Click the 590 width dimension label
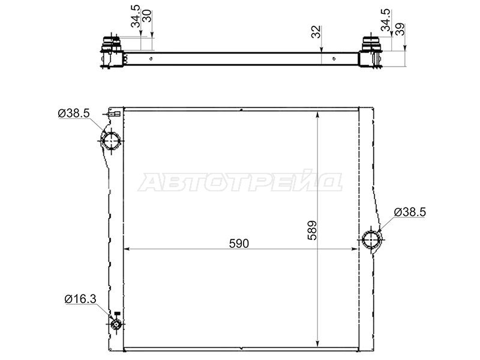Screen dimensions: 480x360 pos(239,244)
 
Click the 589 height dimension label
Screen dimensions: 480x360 pos(312,230)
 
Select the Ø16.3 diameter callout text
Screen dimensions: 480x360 pos(80,299)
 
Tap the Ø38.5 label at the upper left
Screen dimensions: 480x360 pos(74,113)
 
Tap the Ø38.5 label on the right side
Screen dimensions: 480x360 pos(410,212)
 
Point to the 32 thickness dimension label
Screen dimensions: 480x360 pos(316,32)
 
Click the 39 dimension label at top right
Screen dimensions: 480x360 pos(400,29)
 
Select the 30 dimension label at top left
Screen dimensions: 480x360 pos(147,16)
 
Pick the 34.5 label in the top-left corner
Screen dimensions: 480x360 pos(136,16)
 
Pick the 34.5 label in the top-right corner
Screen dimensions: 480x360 pos(386,20)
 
